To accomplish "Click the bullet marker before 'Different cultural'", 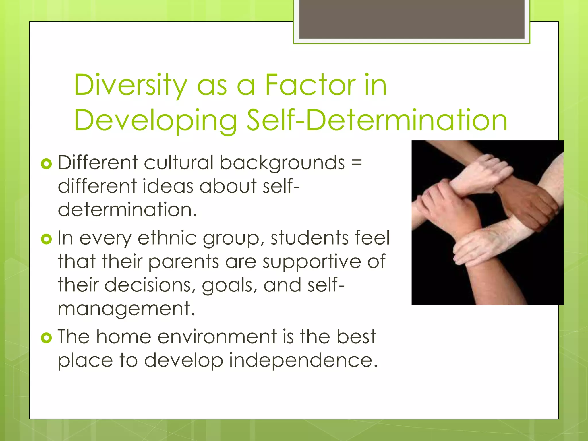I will coord(46,164).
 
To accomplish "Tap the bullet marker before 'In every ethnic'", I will coord(46,239).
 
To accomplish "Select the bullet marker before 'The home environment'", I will coord(46,338).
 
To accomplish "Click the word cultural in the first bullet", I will coord(178,163).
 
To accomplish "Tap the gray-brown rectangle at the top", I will coord(411,19).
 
